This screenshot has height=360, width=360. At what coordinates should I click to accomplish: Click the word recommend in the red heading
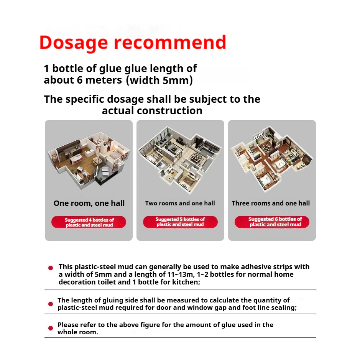170,42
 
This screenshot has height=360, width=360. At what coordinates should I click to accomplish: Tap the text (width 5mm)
159,81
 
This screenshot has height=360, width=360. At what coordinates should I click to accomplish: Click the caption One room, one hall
89,203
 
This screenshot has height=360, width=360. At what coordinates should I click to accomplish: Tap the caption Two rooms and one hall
180,203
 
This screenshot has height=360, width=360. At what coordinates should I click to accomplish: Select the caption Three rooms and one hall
271,203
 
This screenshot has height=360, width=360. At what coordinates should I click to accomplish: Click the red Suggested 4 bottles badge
89,222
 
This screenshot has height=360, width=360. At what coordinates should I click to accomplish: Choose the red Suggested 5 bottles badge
180,222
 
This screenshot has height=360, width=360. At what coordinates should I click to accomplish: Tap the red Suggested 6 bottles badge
272,222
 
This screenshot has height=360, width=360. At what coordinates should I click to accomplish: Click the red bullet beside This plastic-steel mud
51,268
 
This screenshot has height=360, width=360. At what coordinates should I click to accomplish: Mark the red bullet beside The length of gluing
51,304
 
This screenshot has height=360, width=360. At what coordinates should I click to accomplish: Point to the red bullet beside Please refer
51,328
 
